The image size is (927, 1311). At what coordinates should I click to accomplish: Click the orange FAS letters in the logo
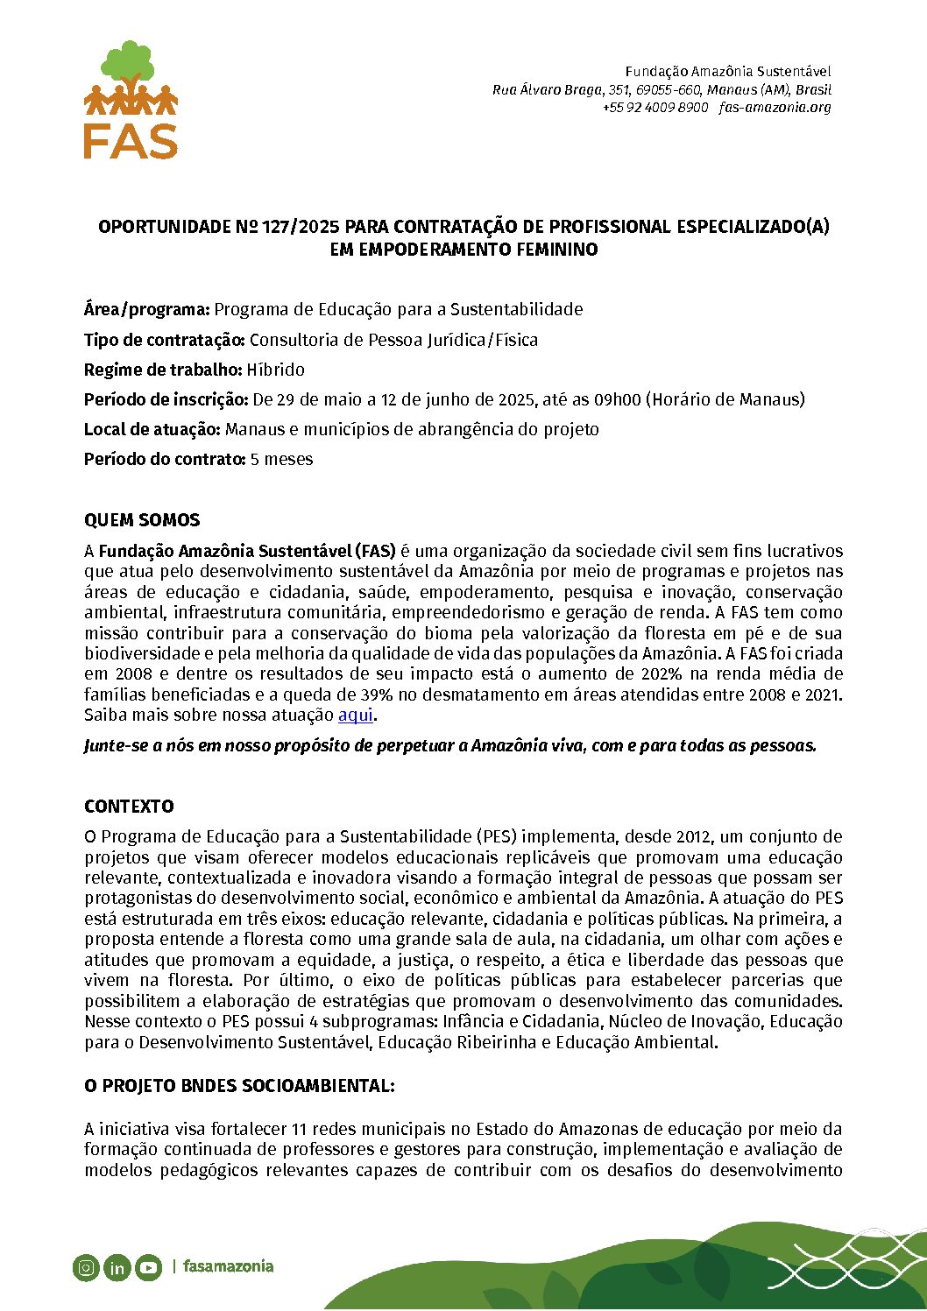click(x=131, y=140)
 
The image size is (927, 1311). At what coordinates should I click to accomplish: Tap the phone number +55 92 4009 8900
click(x=655, y=108)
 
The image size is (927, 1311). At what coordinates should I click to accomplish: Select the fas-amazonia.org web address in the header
click(x=775, y=108)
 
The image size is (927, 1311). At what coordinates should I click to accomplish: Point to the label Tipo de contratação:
click(x=165, y=340)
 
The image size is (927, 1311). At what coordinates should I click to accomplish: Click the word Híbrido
click(x=275, y=370)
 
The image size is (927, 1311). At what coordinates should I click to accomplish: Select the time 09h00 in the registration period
click(x=618, y=399)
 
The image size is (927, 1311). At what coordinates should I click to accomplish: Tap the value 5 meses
click(x=281, y=459)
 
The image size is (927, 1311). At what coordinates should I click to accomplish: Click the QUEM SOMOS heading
click(x=142, y=520)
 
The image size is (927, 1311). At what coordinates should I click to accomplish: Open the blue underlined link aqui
click(x=356, y=715)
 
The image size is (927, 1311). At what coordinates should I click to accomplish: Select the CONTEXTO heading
click(x=129, y=807)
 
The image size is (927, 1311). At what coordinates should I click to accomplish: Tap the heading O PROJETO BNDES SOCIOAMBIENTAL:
click(x=239, y=1086)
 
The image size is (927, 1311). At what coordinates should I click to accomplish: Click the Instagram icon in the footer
click(x=86, y=1267)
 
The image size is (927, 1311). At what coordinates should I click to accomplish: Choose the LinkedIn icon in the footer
click(x=117, y=1267)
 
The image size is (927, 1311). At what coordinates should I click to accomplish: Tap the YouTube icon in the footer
click(x=148, y=1267)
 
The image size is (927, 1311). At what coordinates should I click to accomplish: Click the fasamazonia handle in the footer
click(x=228, y=1266)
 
